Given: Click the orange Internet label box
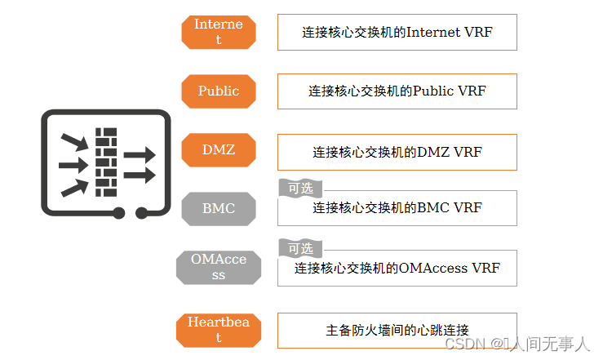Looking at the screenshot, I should coord(218,32).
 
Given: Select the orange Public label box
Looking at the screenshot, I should coord(218,91).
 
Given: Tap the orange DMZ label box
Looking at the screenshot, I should coord(218,149).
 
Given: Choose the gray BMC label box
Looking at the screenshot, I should coord(218,208).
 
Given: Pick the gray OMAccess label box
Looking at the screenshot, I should coord(218,268).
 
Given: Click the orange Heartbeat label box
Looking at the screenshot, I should coord(218,329).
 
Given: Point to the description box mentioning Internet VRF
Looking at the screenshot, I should coord(397,32).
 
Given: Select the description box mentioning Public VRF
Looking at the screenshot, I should coord(397,91).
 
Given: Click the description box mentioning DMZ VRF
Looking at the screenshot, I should coord(397,152).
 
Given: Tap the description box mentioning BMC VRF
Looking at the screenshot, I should coord(397,208).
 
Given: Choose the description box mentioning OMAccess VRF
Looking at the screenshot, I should coord(397,268).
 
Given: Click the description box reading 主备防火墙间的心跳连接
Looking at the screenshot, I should coord(397,330).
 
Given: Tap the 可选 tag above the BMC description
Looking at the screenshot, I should coord(299,188).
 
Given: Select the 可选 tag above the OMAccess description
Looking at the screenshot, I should coord(299,248).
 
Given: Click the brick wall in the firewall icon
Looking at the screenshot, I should coord(106,162).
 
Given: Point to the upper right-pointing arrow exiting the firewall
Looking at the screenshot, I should coord(139,154).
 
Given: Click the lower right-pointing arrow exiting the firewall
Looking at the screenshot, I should coord(139,175).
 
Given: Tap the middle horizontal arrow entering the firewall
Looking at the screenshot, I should coord(73,166).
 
